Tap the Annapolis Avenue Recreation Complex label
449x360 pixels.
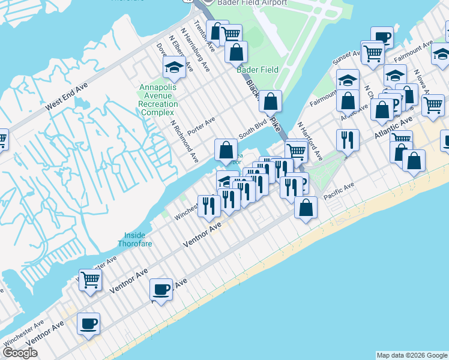(158, 100)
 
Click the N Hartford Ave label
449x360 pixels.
(310, 142)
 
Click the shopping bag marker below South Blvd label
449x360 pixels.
(226, 149)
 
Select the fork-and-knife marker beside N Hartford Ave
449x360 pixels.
(348, 140)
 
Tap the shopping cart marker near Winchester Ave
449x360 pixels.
(90, 279)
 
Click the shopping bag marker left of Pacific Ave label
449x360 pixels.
(306, 208)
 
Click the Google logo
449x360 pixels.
(20, 353)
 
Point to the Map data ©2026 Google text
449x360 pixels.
(411, 355)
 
